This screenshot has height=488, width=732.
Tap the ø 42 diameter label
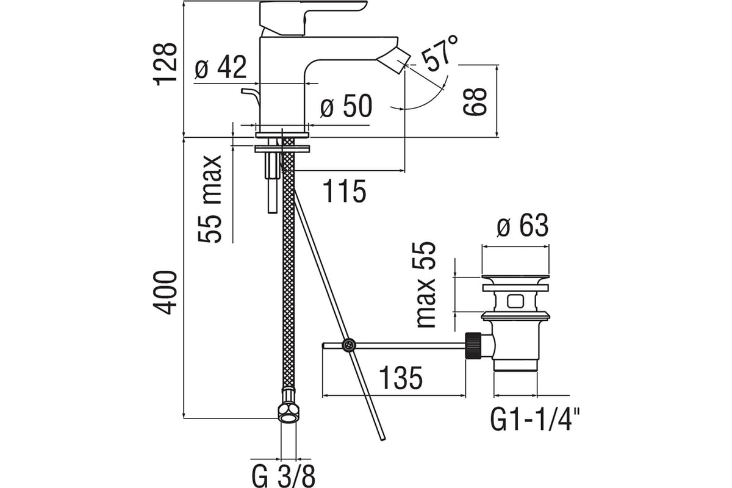coord(220,67)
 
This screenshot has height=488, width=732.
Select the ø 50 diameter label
coord(346,106)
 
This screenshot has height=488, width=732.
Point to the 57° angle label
coord(439,53)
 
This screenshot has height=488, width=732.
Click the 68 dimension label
coord(475,101)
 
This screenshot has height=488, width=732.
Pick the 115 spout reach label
coord(345,191)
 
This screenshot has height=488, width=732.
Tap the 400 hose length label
coord(165,293)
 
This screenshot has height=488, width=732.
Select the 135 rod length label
coord(401,378)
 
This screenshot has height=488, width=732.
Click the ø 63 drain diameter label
coord(522,225)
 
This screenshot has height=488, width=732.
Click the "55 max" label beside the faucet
coord(210,199)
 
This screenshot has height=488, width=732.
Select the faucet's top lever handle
coord(312,17)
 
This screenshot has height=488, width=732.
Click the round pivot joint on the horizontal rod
coord(349,345)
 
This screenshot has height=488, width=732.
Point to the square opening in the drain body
coord(515,301)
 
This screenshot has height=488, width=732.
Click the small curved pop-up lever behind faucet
coord(251,96)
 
